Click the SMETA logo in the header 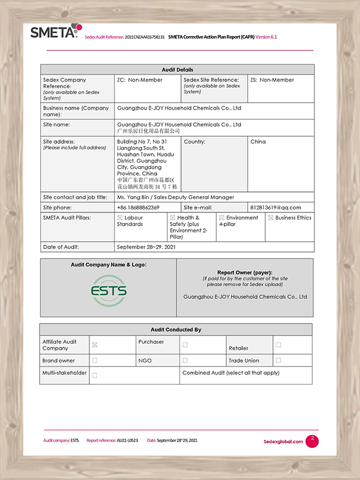54,32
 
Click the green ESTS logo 109,291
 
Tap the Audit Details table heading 177,70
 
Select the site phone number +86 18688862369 138,208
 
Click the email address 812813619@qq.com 275,208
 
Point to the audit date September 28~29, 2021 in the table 146,247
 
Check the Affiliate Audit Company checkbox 95,345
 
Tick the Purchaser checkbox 185,345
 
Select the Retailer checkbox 278,345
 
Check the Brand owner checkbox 95,361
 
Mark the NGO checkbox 185,361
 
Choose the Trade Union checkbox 278,361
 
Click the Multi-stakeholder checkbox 95,375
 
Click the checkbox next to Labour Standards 120,218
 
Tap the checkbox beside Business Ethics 271,218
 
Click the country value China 258,142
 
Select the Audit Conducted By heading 176,329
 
